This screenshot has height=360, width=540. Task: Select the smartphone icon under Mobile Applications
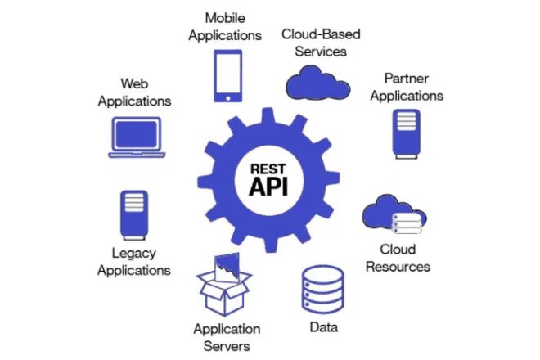[x=228, y=76]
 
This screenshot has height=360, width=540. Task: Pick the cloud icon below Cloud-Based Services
[x=319, y=81]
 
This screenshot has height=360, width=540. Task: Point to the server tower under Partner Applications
[x=407, y=132]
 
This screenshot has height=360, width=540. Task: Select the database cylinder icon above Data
[x=323, y=290]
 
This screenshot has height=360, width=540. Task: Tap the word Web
[x=134, y=83]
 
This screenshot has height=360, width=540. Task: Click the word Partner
[x=407, y=78]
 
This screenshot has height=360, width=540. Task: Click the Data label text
[x=324, y=328]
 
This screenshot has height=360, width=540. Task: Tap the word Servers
[x=227, y=346]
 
